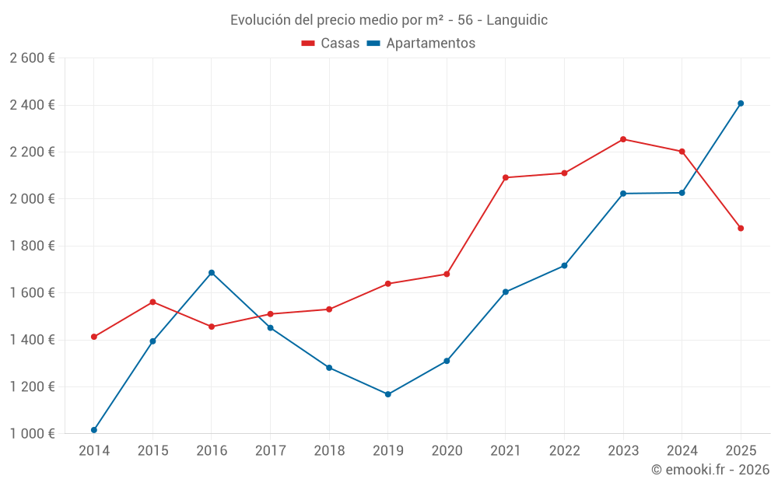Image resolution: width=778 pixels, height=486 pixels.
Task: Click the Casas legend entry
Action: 331,44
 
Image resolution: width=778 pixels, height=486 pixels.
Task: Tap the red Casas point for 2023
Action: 623,139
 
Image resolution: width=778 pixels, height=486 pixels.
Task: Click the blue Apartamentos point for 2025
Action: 741,103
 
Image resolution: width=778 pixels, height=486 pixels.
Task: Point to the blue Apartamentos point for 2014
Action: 94,430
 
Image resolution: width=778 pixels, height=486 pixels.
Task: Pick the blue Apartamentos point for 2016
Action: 212,273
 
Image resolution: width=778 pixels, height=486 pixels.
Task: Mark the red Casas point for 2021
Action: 506,177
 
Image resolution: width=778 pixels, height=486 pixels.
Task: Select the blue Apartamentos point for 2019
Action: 388,394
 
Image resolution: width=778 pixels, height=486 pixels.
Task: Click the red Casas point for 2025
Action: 741,229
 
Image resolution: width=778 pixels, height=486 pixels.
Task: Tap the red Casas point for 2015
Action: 152,302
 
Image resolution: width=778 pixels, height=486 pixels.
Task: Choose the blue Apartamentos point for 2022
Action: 564,266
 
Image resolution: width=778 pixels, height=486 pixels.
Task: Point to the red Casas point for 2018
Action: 329,309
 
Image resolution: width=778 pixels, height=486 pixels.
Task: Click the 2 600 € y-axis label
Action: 32,58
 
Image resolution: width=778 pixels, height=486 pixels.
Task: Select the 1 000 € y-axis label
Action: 32,434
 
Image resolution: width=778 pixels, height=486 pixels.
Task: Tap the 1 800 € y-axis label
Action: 32,246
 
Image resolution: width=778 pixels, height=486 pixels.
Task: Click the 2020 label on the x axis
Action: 447,450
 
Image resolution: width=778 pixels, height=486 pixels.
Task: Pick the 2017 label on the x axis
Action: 270,450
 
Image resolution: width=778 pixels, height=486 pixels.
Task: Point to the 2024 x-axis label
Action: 682,450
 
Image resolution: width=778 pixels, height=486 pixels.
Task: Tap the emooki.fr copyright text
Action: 710,470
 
